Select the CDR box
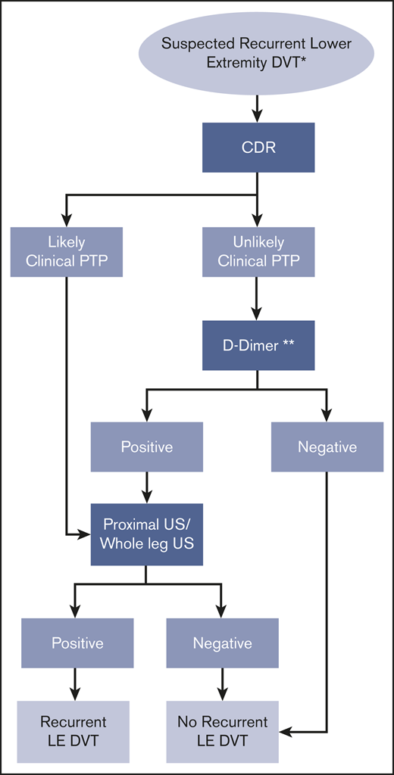(258, 147)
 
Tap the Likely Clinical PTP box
(67, 252)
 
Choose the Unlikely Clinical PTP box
(258, 252)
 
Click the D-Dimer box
(258, 346)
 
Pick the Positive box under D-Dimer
(146, 447)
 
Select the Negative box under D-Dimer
(327, 447)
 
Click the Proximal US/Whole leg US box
(146, 534)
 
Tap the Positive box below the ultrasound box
(77, 643)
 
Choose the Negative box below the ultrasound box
(222, 643)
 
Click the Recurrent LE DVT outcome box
(74, 730)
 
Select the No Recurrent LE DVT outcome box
(222, 730)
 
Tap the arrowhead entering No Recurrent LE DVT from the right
(286, 732)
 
